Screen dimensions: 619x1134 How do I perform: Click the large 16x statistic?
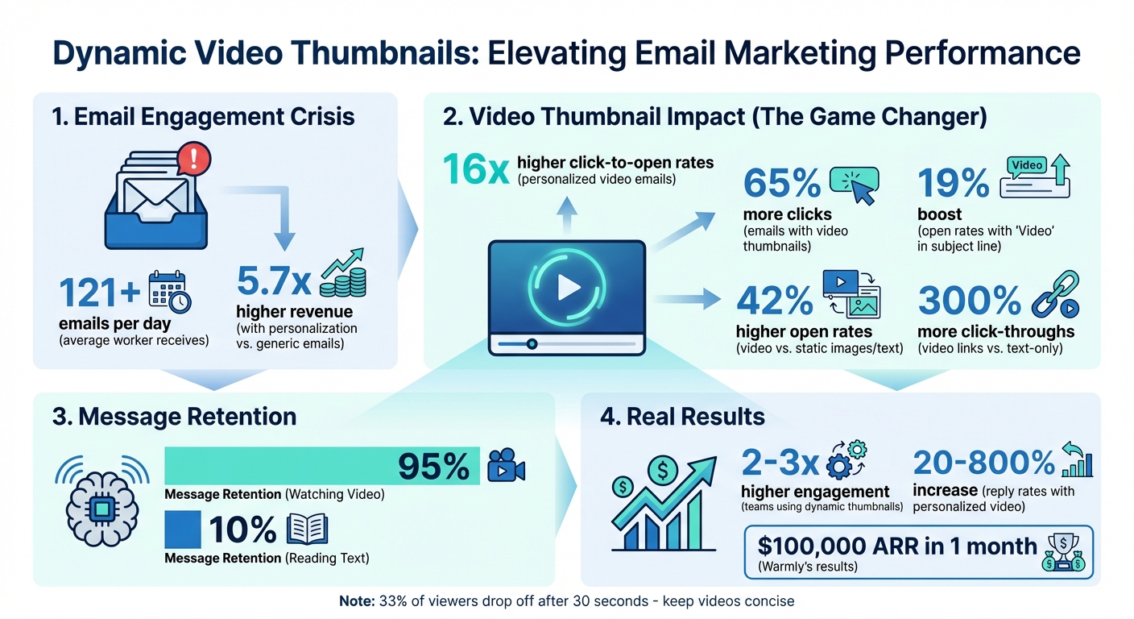tap(475, 169)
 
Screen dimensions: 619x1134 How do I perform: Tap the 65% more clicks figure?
tap(781, 185)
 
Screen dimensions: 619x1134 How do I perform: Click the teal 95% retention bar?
tap(322, 467)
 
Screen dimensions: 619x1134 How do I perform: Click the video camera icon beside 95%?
tap(507, 467)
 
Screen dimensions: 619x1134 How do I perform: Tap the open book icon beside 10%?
tap(308, 530)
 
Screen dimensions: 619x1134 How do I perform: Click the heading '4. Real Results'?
tap(683, 417)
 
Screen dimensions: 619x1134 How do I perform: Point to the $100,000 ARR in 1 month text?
tap(897, 546)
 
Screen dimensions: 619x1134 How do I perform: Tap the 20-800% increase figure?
tap(983, 463)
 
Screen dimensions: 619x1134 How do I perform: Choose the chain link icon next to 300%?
tap(1054, 299)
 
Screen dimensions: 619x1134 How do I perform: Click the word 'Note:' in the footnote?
tap(361, 601)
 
